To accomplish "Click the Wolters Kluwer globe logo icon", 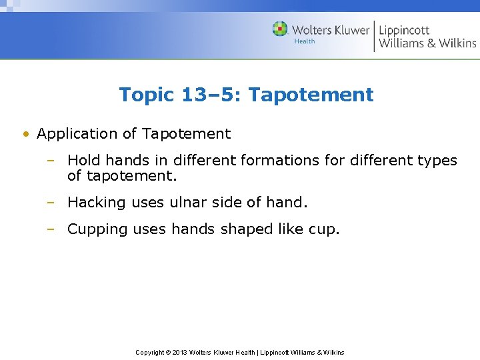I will (x=280, y=29).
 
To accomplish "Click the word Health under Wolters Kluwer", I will (x=304, y=42).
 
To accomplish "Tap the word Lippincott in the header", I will (x=404, y=30).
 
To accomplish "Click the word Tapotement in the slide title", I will (x=311, y=95).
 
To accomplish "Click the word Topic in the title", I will (x=147, y=95).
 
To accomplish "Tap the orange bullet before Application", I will (x=25, y=134).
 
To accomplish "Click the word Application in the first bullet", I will (x=77, y=134).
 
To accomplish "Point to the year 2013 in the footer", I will (x=179, y=352).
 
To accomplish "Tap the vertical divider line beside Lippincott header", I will (x=374, y=36).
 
